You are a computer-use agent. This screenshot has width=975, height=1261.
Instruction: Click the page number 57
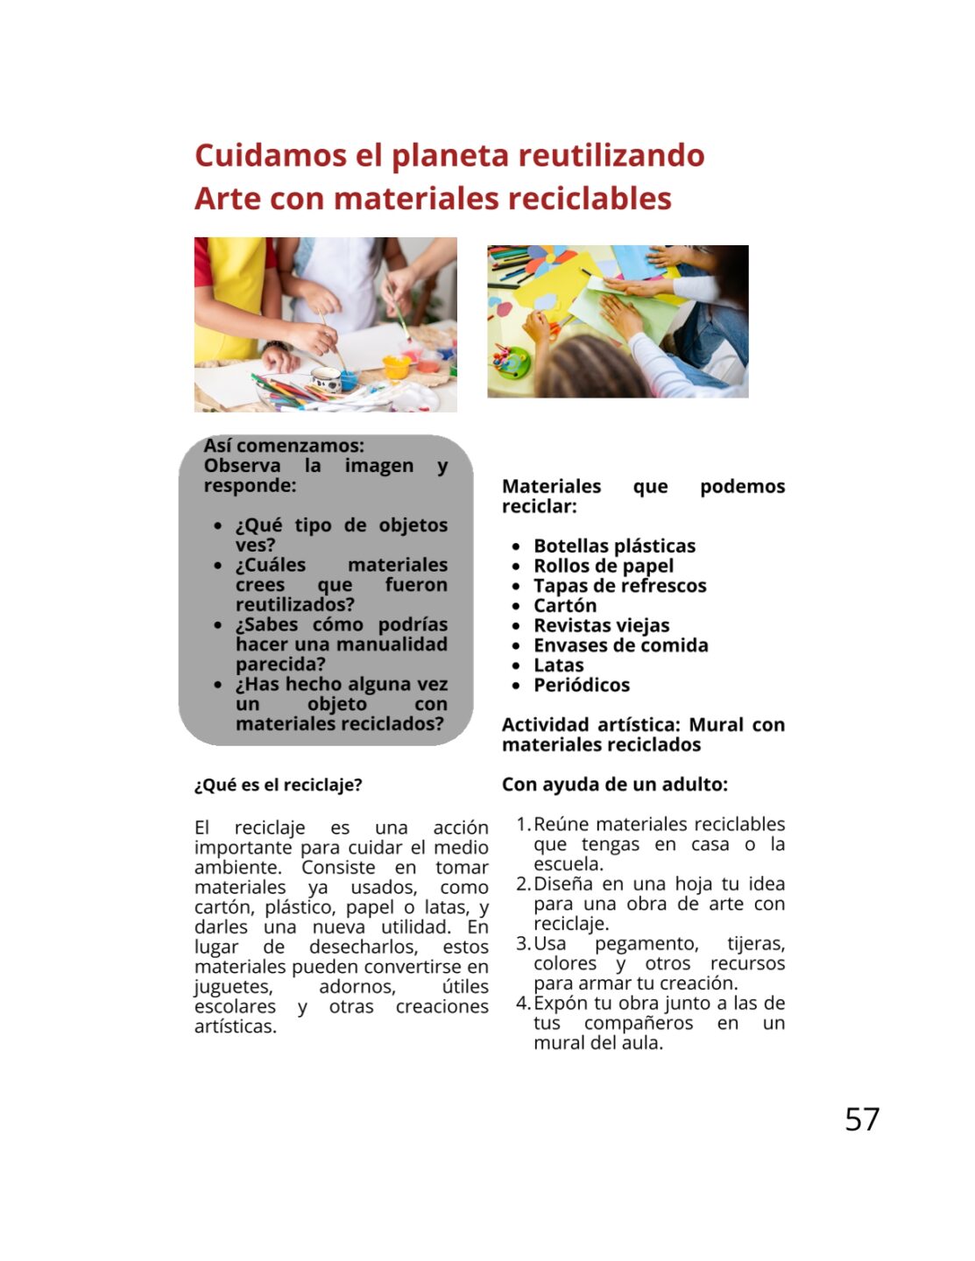(x=861, y=1119)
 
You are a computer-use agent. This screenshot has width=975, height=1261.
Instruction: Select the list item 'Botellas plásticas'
(x=614, y=546)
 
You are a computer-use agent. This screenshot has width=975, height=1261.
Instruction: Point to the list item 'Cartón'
(x=565, y=605)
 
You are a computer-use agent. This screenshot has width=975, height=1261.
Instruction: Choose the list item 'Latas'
(x=558, y=665)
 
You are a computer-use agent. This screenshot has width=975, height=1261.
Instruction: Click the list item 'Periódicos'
(x=582, y=685)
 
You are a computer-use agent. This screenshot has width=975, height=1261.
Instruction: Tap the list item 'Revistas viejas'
(x=601, y=625)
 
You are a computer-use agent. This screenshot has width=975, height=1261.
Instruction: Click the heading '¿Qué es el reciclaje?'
(x=278, y=785)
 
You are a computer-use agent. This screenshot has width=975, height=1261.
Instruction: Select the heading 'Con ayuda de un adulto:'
(x=614, y=784)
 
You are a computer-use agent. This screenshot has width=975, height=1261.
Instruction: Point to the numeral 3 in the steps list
(x=522, y=943)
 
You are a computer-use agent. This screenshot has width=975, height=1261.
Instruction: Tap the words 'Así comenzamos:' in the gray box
(x=284, y=446)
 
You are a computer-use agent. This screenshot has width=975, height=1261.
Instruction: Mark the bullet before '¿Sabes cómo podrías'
(x=218, y=625)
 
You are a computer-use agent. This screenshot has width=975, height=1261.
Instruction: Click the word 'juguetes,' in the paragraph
(x=233, y=987)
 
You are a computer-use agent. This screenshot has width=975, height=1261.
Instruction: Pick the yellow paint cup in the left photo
(x=396, y=366)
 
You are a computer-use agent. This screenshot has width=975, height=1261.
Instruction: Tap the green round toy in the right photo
(x=512, y=360)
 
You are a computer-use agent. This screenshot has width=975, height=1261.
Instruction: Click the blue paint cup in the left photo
(x=349, y=379)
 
